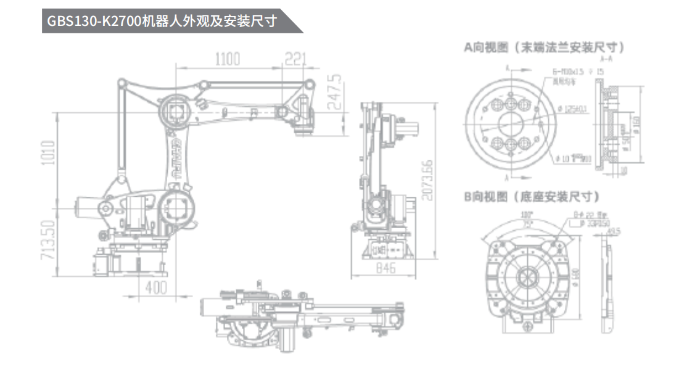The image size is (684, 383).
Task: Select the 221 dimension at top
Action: [295, 59]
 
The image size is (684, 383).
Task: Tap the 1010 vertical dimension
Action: [49, 154]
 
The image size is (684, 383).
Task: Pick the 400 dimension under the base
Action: [157, 287]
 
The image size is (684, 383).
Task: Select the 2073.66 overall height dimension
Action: [426, 180]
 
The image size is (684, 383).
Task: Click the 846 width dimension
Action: [386, 270]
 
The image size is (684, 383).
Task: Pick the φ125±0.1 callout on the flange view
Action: [574, 109]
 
